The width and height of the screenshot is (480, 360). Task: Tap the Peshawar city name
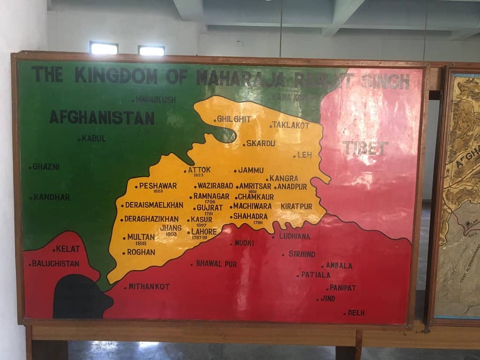point(157,186)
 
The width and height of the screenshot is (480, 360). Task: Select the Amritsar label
point(255,186)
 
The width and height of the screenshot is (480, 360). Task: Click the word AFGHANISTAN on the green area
point(102,117)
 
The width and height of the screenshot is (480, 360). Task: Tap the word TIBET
point(365,148)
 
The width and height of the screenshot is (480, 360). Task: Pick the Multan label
point(141,237)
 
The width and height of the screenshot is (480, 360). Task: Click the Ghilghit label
point(234,120)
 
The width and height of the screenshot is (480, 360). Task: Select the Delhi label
point(356,313)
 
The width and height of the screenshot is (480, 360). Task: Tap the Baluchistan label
point(55,263)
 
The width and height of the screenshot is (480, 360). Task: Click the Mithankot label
point(149,286)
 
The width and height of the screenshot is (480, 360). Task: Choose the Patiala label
point(315,275)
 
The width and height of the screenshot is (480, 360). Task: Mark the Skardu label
point(261,143)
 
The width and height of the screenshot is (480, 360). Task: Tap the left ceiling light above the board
point(104,48)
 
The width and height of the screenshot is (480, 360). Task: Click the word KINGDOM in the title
point(116,75)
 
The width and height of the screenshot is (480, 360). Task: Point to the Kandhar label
point(51,197)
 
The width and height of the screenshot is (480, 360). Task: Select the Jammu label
point(251,170)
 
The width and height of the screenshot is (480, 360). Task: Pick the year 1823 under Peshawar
point(157,191)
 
